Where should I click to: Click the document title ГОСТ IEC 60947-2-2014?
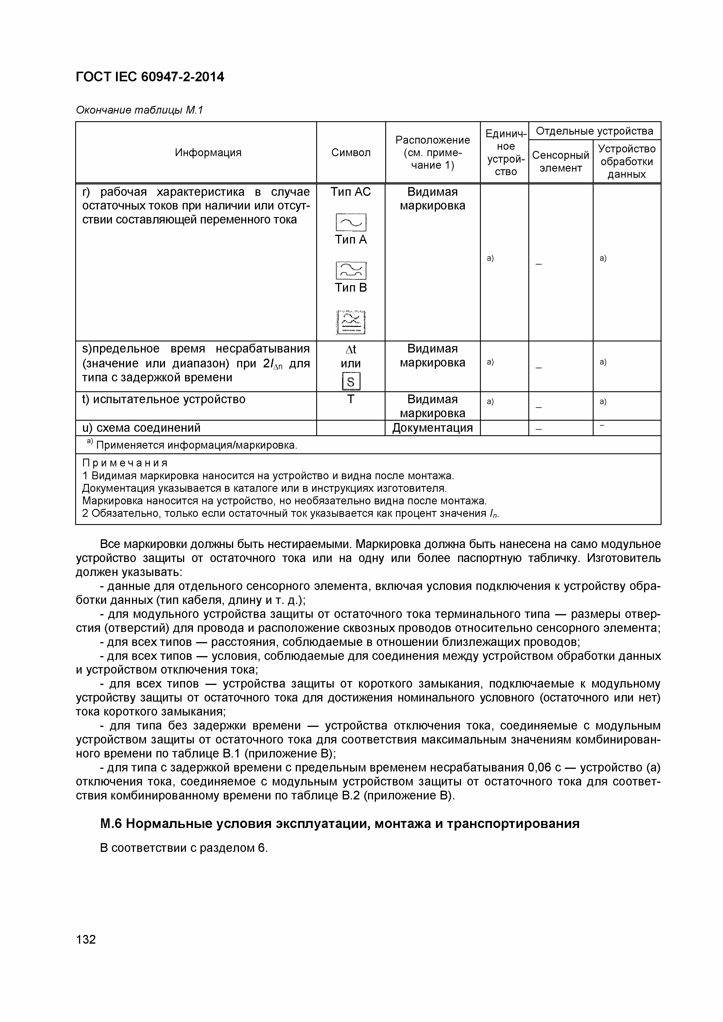[150, 77]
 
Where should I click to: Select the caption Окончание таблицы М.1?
[139, 110]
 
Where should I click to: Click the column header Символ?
[351, 153]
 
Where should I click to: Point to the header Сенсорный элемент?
[560, 161]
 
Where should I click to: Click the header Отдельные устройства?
[594, 131]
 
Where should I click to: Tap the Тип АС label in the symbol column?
[351, 192]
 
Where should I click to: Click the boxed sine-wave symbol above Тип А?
[351, 222]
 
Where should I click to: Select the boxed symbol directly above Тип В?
[351, 270]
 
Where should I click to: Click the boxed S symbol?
[351, 381]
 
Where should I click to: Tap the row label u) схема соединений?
[142, 428]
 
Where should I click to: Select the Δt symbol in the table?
[351, 349]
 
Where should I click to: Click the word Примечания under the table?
[125, 463]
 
